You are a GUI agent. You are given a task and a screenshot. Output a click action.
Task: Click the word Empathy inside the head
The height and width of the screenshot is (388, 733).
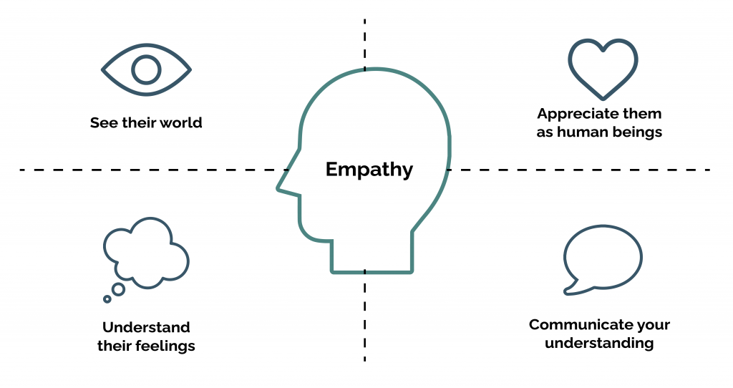pos(369,170)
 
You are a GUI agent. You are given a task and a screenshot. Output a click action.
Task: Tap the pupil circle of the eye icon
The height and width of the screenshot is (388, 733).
pos(146,70)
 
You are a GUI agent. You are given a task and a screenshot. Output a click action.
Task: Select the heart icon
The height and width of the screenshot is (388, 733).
pos(602,69)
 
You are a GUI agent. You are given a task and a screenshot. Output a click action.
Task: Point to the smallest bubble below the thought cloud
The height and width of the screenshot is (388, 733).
pos(107,299)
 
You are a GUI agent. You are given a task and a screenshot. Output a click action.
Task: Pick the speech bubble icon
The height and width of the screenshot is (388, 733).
pos(603,258)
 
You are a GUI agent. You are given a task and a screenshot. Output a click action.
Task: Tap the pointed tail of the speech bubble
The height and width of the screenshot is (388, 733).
pos(570,291)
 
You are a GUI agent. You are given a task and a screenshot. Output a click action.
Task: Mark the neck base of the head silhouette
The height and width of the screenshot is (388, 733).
pos(372,271)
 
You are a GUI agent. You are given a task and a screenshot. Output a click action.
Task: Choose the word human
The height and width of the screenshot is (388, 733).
pos(582,132)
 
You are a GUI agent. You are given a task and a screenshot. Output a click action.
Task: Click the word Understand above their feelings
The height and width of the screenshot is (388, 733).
pos(146,328)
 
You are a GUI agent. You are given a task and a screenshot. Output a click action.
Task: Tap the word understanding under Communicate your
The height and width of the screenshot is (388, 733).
pos(599,344)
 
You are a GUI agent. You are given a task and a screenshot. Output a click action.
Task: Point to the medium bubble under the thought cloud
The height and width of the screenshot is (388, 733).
pos(118,289)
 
